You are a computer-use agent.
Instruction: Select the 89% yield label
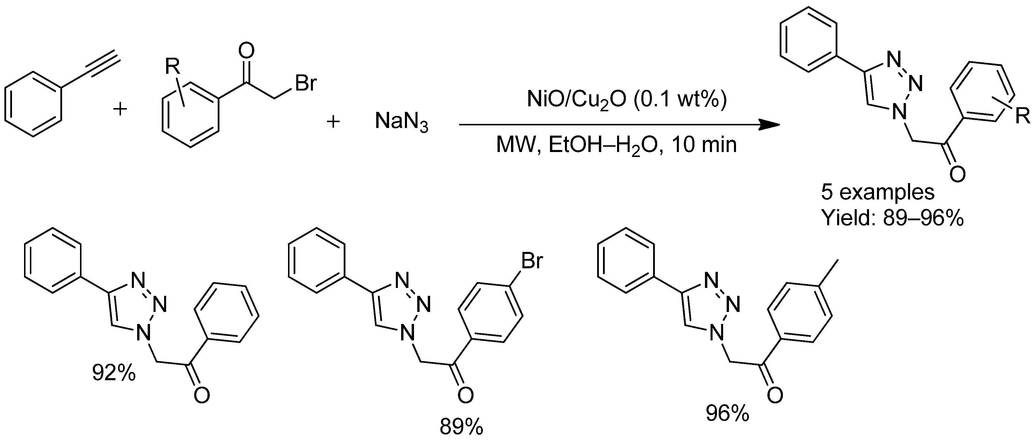(461, 427)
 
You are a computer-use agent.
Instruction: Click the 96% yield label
(727, 413)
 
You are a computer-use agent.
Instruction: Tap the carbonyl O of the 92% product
(202, 395)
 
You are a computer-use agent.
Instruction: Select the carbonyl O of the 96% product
(775, 395)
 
